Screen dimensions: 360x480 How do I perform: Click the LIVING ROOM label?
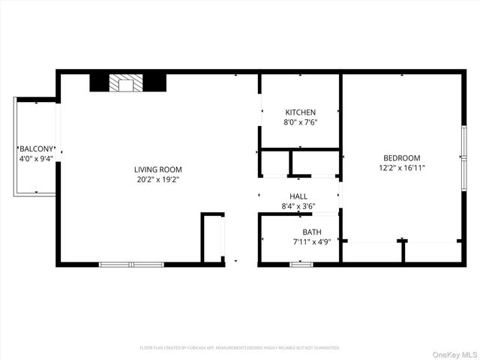click(158, 169)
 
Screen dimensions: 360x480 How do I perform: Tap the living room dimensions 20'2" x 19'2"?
click(158, 180)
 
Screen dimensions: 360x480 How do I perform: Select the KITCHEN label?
click(300, 112)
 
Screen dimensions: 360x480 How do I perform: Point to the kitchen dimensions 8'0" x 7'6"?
click(300, 122)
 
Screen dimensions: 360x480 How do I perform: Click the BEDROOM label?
click(402, 157)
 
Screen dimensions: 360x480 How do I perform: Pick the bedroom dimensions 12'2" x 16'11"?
click(402, 168)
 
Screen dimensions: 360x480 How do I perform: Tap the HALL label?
click(298, 196)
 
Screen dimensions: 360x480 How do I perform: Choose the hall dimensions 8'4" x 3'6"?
click(298, 206)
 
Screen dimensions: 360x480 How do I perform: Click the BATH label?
click(312, 232)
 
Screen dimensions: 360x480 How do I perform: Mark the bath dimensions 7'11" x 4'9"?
click(312, 241)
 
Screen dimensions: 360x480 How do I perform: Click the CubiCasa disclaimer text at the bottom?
click(240, 348)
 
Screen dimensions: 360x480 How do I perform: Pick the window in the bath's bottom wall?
click(301, 264)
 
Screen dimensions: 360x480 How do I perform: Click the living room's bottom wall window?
click(132, 264)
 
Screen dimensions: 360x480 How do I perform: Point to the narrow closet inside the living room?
click(212, 238)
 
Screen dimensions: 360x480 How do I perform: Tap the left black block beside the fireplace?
click(99, 82)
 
